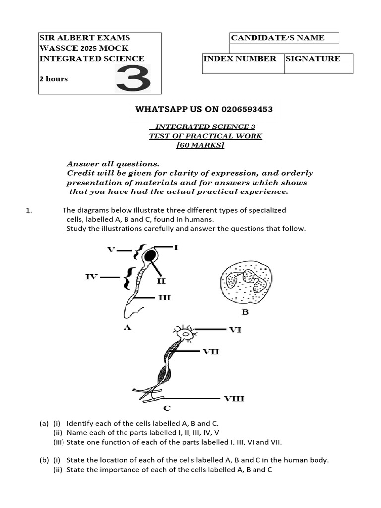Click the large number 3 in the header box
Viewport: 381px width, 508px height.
(132, 80)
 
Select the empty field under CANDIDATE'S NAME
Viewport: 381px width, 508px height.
(284, 48)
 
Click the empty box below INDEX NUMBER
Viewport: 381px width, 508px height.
(243, 69)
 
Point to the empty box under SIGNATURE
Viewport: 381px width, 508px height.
(318, 69)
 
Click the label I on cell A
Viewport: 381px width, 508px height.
(176, 247)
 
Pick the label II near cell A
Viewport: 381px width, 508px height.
(161, 281)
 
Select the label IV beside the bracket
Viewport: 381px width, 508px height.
(91, 276)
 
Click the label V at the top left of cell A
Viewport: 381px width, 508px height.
(111, 250)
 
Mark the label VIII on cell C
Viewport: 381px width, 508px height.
(234, 398)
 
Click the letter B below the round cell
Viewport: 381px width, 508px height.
(245, 312)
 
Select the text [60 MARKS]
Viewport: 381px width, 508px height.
(200, 145)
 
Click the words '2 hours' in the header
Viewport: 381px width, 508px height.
(54, 79)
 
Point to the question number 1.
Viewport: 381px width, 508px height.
(28, 210)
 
